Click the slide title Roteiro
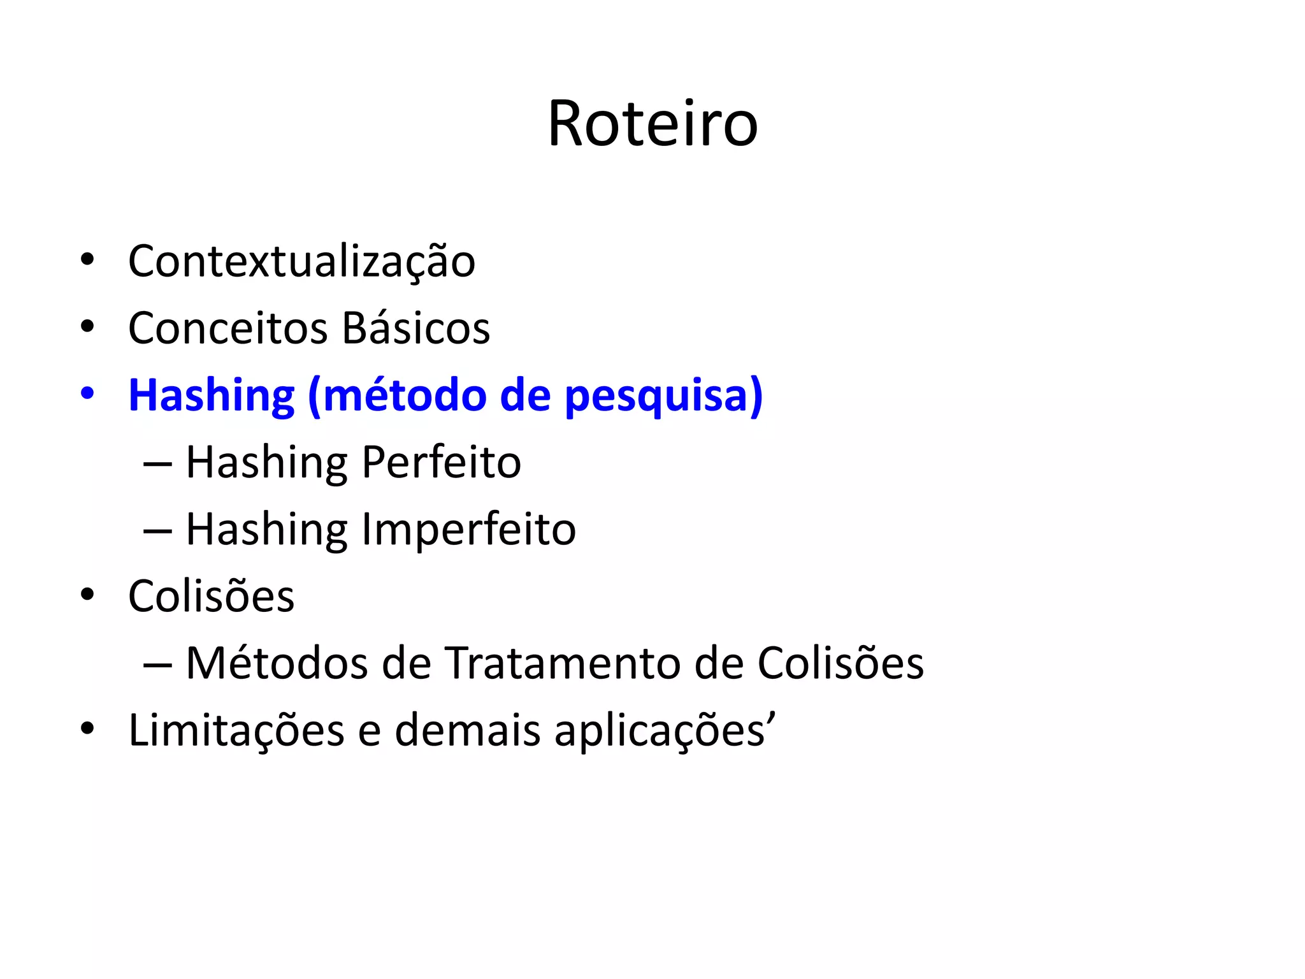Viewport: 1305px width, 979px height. click(x=652, y=124)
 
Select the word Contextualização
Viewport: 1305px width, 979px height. click(x=301, y=261)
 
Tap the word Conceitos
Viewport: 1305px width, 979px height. click(x=227, y=328)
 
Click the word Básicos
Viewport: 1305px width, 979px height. click(x=415, y=328)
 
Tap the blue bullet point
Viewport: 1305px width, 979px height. click(x=87, y=393)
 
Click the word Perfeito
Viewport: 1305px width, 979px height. click(x=442, y=462)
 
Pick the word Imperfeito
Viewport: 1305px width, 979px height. click(x=469, y=530)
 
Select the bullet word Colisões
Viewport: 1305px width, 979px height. click(x=211, y=596)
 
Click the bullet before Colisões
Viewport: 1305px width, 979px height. click(x=87, y=595)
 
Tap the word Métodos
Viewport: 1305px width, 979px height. click(x=277, y=663)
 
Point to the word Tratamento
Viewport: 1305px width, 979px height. click(x=563, y=663)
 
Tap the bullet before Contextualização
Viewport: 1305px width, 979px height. click(x=87, y=259)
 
